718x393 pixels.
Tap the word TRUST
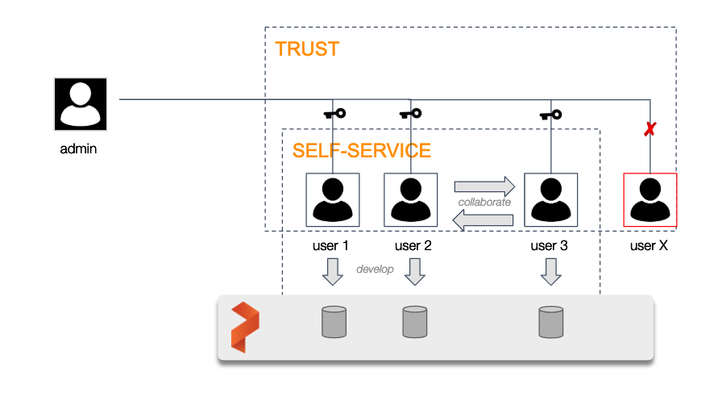pos(306,49)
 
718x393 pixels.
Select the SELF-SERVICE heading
pos(361,151)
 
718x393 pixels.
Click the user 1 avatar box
pos(332,199)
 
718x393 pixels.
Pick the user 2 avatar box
pos(411,199)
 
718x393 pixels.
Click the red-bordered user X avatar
pos(650,199)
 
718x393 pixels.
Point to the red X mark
pos(649,128)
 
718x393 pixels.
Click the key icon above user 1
pos(334,114)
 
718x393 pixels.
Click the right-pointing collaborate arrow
pos(484,186)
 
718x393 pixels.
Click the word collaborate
pos(484,202)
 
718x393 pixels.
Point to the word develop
pos(375,269)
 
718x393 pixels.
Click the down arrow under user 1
pos(333,272)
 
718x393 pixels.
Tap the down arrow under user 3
pos(550,272)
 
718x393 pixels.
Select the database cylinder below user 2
pos(414,321)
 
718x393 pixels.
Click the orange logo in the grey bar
pos(245,327)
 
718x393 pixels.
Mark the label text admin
pos(79,149)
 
